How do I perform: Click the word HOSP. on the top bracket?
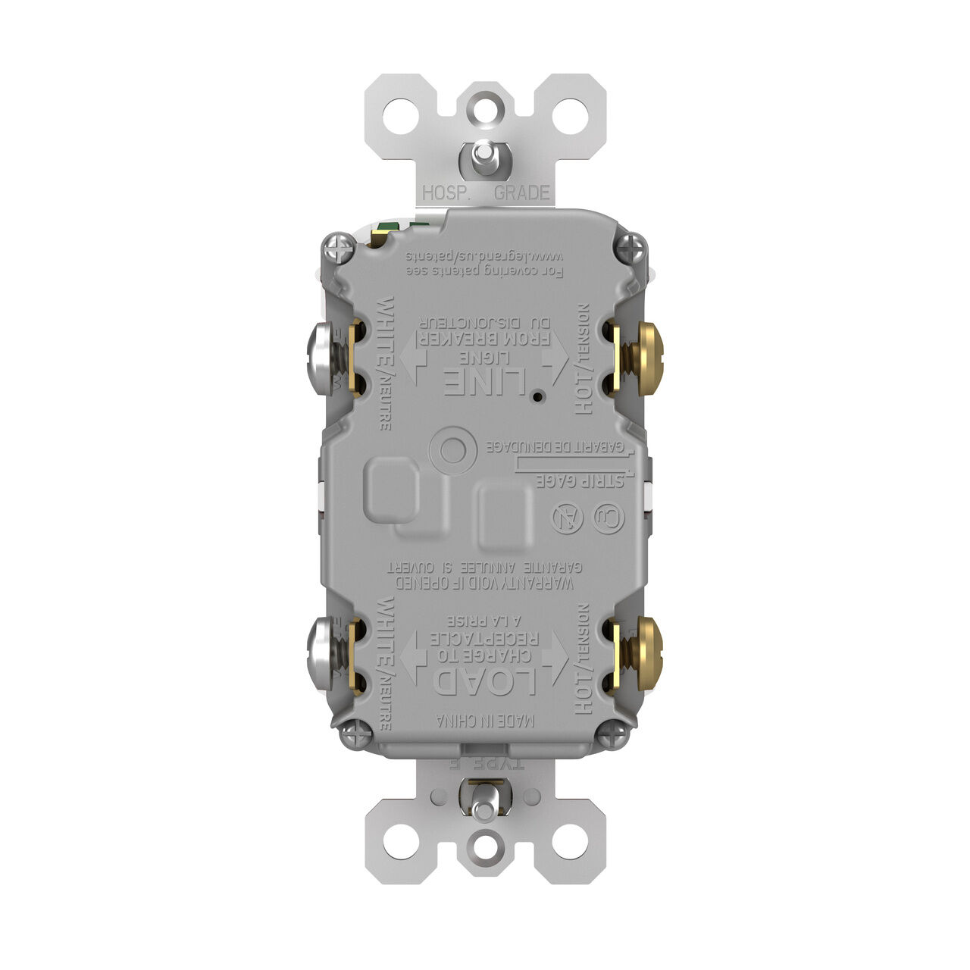tap(448, 192)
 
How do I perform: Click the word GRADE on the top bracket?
tap(521, 192)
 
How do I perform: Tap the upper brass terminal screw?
tap(646, 358)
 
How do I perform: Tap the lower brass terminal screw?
tap(646, 653)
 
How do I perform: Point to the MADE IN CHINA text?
tap(485, 721)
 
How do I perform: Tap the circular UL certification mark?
tap(609, 519)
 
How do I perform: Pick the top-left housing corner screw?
tap(337, 246)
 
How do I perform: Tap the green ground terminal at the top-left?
tap(388, 228)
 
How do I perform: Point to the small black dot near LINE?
tap(537, 396)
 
